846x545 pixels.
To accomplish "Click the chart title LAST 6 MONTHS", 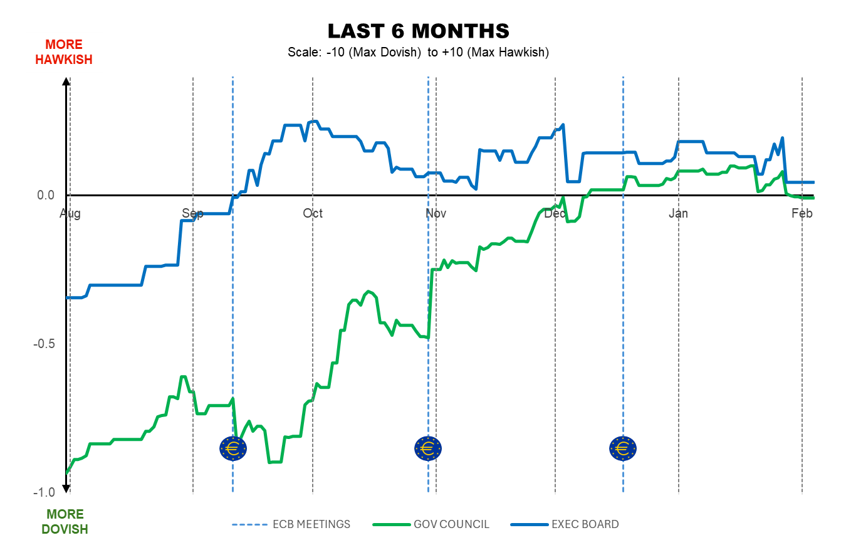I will pyautogui.click(x=418, y=31).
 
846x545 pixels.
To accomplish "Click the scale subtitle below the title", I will pyautogui.click(x=418, y=53).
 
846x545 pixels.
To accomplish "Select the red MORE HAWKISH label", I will pyautogui.click(x=64, y=52).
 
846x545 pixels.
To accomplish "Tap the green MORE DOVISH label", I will pyautogui.click(x=65, y=522).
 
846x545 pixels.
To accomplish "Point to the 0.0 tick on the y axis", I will pyautogui.click(x=46, y=196).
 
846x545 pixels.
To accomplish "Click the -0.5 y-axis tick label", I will pyautogui.click(x=44, y=344).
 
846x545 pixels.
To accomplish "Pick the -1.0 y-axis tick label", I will pyautogui.click(x=44, y=492).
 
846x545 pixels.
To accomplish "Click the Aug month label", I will pyautogui.click(x=70, y=214).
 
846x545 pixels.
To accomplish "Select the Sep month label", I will pyautogui.click(x=193, y=214).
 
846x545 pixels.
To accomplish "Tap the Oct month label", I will pyautogui.click(x=313, y=214).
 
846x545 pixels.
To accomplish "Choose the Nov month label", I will pyautogui.click(x=436, y=214).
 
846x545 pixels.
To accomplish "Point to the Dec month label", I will pyautogui.click(x=555, y=214).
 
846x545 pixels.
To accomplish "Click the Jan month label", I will pyautogui.click(x=678, y=214).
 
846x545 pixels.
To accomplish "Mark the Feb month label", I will pyautogui.click(x=802, y=214).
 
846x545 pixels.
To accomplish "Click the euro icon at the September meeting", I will pyautogui.click(x=233, y=448).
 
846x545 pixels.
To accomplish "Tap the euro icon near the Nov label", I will pyautogui.click(x=428, y=448).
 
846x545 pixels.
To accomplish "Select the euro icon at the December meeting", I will pyautogui.click(x=623, y=448).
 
